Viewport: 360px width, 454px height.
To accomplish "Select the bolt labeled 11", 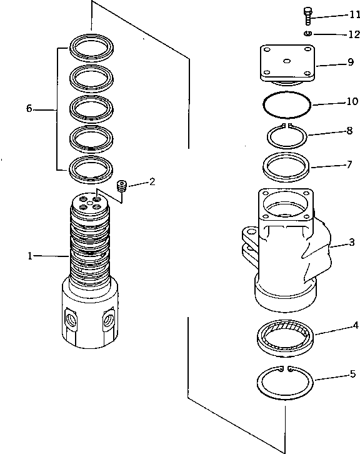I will pyautogui.click(x=307, y=15).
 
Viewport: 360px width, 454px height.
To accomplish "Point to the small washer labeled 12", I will pyautogui.click(x=308, y=33).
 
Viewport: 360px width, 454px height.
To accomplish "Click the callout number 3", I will pyautogui.click(x=352, y=242).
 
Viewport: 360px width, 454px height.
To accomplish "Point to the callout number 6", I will pyautogui.click(x=29, y=108).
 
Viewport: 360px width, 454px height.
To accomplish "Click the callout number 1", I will pyautogui.click(x=29, y=255).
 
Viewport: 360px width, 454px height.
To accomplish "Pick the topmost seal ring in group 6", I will pyautogui.click(x=91, y=48).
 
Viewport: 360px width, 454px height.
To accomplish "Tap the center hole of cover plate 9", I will pyautogui.click(x=287, y=61).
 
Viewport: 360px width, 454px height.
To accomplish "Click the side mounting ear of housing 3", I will pyautogui.click(x=248, y=238).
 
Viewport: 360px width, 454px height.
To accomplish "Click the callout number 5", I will pyautogui.click(x=352, y=375).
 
